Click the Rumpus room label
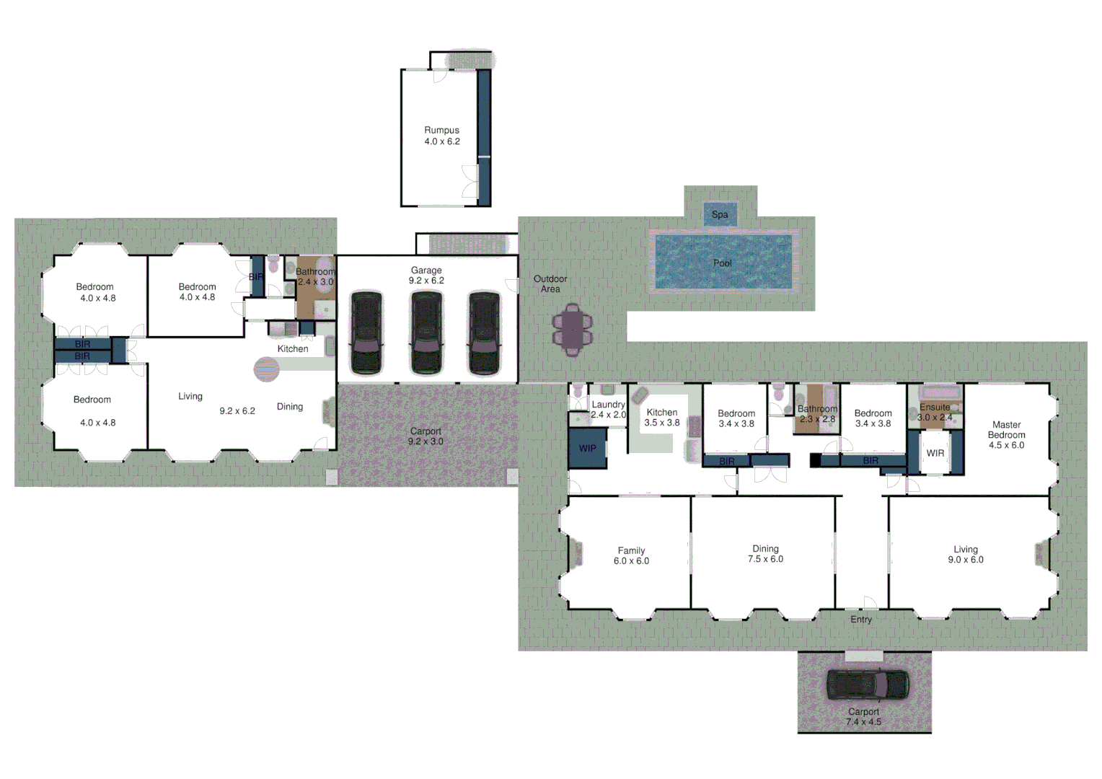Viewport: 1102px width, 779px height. click(441, 131)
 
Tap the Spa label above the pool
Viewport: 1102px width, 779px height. click(720, 214)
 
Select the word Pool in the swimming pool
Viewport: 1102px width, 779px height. click(722, 263)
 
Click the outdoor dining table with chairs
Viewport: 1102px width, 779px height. click(572, 331)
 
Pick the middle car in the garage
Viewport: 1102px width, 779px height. click(427, 333)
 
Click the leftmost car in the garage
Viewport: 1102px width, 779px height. click(366, 333)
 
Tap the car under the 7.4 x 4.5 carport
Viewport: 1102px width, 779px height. click(867, 685)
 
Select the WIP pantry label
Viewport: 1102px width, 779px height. click(588, 449)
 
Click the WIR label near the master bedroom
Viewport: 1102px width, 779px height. click(935, 453)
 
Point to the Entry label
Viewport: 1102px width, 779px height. click(861, 620)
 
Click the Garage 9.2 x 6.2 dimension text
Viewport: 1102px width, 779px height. click(426, 281)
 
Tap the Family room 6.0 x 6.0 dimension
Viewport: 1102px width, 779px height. click(631, 561)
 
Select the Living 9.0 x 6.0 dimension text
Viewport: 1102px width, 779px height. click(966, 560)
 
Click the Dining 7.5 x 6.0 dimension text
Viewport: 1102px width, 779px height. click(765, 559)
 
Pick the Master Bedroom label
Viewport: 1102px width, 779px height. click(1006, 430)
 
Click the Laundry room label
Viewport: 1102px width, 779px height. click(608, 405)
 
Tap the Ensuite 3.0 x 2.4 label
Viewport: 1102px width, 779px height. click(935, 412)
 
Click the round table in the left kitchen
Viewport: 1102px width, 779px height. click(266, 369)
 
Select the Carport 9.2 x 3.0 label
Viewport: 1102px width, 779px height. click(426, 436)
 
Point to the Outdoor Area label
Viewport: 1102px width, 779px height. click(550, 283)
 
